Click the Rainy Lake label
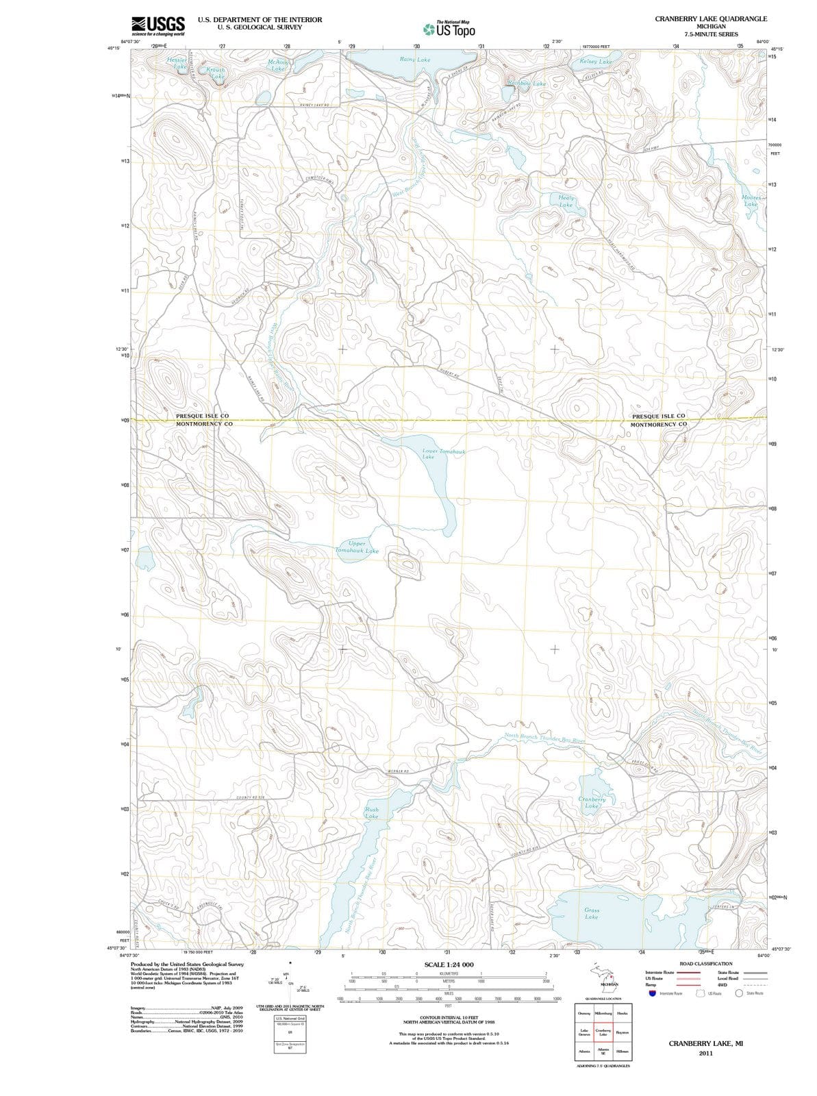[x=415, y=60]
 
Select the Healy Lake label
[x=566, y=201]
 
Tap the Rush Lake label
[x=371, y=813]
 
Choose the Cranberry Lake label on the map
[x=592, y=802]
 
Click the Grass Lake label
[x=592, y=913]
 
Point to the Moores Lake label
[x=751, y=201]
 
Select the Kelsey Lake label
[x=596, y=61]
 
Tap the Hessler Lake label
[x=177, y=63]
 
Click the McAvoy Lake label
[x=277, y=65]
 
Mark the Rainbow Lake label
[x=527, y=84]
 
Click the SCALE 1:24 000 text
[x=449, y=964]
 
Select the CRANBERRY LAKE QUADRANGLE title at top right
[x=711, y=18]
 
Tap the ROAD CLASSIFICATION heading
[x=705, y=964]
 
